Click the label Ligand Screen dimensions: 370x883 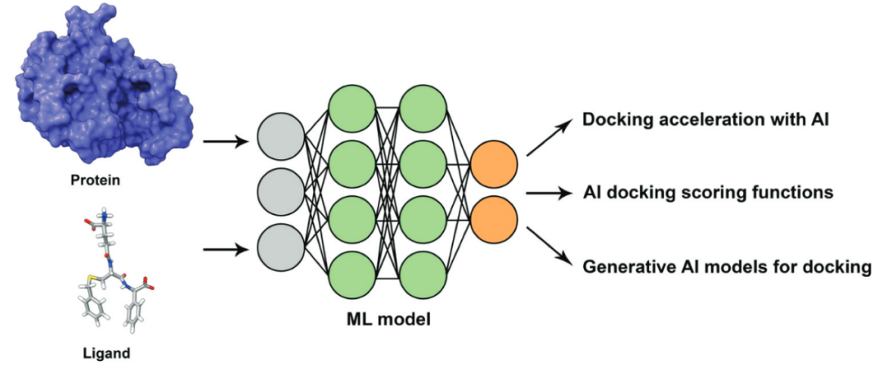(106, 354)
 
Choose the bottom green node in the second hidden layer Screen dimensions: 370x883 (424, 276)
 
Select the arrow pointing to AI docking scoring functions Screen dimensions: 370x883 (549, 194)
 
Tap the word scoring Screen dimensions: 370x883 (719, 194)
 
